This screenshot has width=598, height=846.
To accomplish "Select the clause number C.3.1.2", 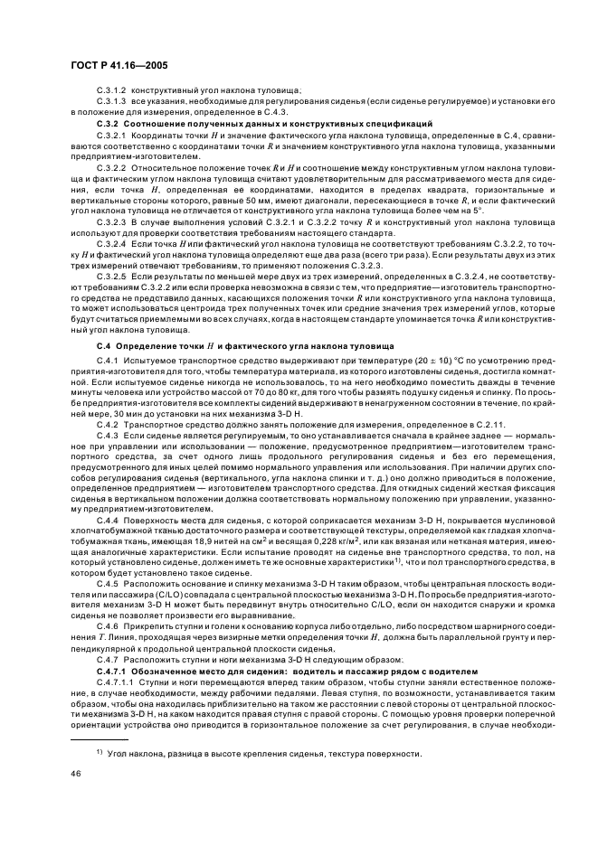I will (x=112, y=91).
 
